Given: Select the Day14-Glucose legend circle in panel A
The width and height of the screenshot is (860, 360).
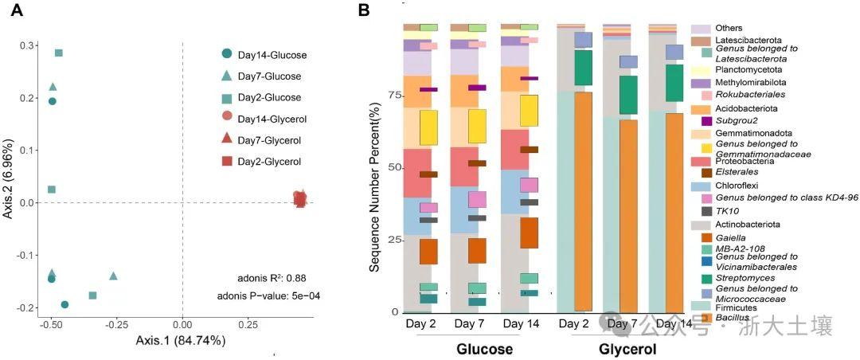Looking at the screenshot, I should (227, 54).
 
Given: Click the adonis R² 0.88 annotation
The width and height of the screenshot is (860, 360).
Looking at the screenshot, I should (272, 278).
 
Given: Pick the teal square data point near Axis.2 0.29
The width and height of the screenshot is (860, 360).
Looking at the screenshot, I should (58, 53).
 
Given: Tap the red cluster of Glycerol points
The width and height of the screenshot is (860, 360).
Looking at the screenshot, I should (299, 198).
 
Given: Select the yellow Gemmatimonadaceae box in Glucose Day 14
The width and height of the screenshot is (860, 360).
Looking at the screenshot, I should (530, 110).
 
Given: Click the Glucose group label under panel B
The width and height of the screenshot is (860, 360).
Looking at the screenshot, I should (483, 350).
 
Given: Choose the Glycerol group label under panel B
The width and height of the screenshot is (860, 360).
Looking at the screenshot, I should (627, 350).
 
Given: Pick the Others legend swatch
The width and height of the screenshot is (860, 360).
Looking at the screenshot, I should (700, 29).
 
